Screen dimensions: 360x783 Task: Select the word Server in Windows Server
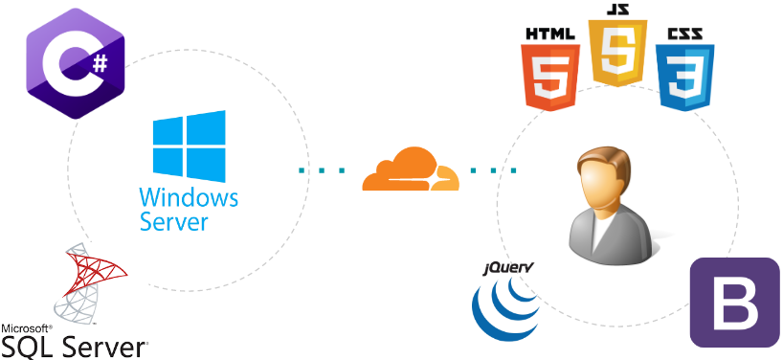[x=173, y=222]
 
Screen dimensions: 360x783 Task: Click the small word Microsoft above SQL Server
[x=26, y=327]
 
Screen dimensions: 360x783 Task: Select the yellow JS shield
[x=617, y=54]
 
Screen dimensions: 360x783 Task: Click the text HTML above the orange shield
[x=551, y=34]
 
